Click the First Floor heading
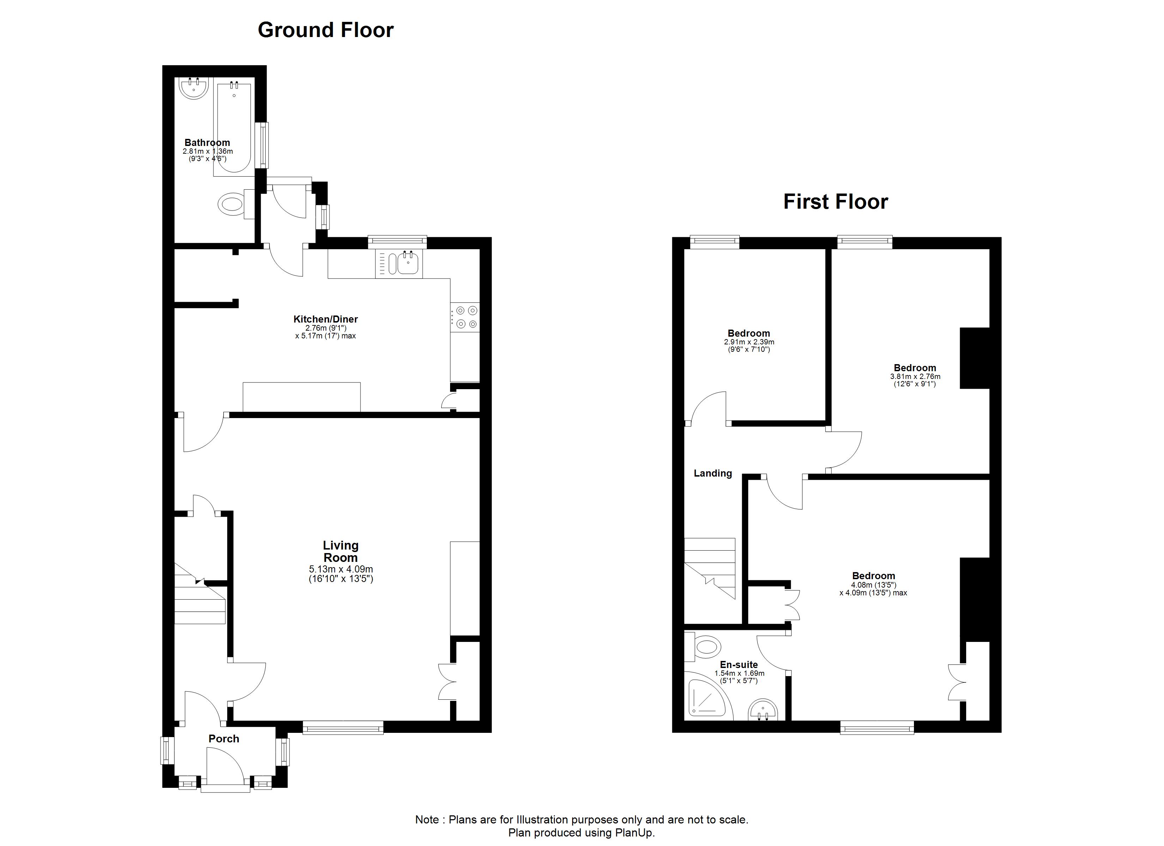(836, 202)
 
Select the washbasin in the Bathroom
(194, 88)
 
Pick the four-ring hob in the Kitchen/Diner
(465, 317)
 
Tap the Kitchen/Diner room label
(325, 319)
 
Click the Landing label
(713, 473)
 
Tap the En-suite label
(739, 665)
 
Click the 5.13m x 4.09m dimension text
(341, 569)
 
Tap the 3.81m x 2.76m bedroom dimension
(915, 376)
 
